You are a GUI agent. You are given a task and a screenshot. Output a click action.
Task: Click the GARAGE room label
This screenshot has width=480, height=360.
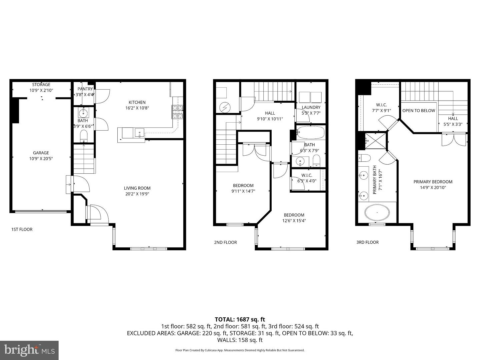click(41, 153)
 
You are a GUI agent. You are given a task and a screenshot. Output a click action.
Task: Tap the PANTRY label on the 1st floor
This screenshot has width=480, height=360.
click(85, 89)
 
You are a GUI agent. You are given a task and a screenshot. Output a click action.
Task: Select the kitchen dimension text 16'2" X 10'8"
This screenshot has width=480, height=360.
click(137, 108)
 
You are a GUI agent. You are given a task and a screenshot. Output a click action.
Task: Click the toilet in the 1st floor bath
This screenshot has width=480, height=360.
click(83, 135)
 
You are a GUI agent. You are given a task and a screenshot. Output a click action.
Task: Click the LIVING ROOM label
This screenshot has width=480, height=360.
click(137, 188)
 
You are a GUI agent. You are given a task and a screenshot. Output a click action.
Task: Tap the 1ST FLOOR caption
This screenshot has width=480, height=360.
click(22, 229)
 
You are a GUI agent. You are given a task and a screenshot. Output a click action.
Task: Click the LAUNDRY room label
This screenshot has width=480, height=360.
click(311, 107)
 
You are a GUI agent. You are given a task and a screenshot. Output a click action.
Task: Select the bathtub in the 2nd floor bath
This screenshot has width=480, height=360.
click(310, 133)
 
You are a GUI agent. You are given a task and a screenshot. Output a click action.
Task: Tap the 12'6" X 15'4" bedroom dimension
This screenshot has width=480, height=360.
click(294, 221)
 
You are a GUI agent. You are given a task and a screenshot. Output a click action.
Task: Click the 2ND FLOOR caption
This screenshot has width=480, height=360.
click(225, 242)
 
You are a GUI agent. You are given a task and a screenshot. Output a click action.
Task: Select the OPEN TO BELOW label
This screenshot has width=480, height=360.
click(419, 111)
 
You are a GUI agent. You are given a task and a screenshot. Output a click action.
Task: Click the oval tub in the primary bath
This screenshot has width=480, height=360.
click(377, 212)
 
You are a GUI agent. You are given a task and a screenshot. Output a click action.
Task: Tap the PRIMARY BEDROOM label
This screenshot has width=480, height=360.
click(433, 182)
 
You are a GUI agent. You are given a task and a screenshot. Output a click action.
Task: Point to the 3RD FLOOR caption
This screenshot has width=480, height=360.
click(367, 242)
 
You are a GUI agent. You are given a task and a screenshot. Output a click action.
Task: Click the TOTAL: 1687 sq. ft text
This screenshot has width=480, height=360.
click(240, 319)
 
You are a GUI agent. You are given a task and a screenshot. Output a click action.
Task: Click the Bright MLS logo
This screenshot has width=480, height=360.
click(29, 350)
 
